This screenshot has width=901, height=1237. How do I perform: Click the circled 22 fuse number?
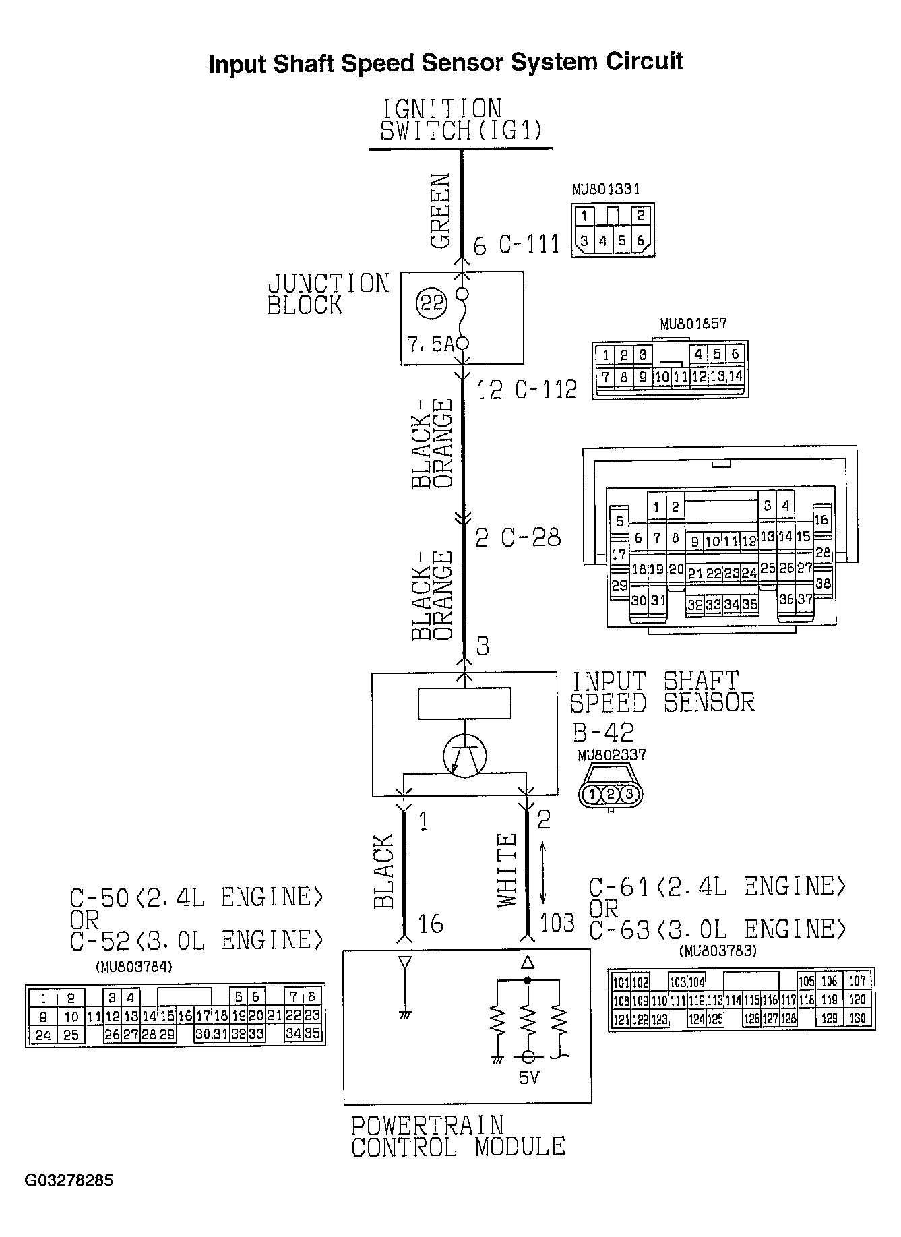[431, 303]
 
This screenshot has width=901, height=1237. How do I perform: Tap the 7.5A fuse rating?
[431, 344]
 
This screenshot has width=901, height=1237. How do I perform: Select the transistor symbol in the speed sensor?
[465, 756]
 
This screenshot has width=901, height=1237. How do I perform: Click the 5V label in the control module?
[529, 1078]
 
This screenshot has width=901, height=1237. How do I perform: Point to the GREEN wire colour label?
[440, 211]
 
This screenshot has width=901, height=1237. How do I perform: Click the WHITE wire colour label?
[507, 870]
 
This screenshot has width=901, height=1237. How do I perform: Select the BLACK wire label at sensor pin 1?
[383, 871]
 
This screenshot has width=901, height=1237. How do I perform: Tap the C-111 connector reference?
[529, 245]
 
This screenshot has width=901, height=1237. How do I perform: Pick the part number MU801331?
[605, 190]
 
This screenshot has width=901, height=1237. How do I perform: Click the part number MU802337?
[611, 755]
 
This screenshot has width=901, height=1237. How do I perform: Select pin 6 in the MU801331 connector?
[640, 241]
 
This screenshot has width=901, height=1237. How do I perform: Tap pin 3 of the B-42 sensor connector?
[629, 794]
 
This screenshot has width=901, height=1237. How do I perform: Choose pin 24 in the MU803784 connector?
[43, 1035]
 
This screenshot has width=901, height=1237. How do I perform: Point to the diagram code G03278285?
[69, 1180]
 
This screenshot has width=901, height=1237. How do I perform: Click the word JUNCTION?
[329, 283]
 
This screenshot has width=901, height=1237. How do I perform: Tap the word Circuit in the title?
[644, 61]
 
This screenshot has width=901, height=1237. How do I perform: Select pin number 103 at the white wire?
[557, 922]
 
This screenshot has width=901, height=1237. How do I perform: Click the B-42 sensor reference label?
[603, 733]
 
